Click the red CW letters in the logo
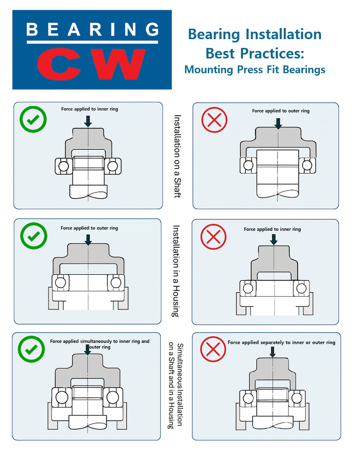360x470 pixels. click(92, 64)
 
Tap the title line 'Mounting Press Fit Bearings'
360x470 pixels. click(255, 70)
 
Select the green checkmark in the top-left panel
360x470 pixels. click(33, 120)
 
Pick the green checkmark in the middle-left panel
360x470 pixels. click(33, 237)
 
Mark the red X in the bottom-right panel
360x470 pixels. click(213, 349)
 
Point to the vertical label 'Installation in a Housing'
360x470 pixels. click(176, 271)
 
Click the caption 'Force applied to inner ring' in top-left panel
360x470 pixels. click(90, 109)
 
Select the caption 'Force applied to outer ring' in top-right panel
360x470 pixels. click(281, 111)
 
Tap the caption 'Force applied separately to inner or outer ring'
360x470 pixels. click(281, 342)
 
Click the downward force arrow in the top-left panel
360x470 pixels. click(88, 120)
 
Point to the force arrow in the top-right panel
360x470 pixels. click(279, 123)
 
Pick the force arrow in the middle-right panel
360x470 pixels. click(274, 239)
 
